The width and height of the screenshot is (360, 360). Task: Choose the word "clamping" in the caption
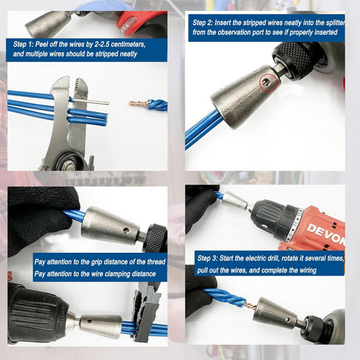coord(117,273)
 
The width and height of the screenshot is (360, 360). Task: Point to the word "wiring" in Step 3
coord(303,270)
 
